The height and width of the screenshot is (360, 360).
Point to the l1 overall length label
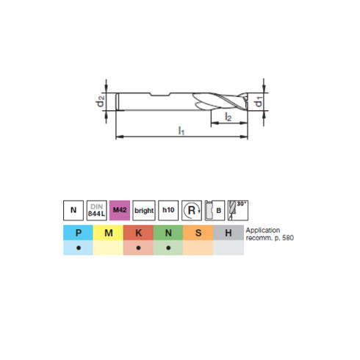coord(181,131)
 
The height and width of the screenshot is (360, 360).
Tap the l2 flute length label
coord(228,117)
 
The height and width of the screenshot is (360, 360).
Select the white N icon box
coord(73,211)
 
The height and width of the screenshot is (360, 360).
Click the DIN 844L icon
coord(97,211)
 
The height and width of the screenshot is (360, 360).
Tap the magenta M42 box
coord(120,211)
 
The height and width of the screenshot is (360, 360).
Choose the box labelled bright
coord(143,211)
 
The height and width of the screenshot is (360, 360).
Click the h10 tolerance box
coord(168,211)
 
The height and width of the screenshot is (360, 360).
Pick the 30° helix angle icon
coord(238,211)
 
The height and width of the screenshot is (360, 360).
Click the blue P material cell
coord(77,234)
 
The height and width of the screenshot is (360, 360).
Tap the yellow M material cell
coord(107,234)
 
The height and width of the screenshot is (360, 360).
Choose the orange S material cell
coord(198,234)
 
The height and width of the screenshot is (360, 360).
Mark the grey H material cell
coord(228,234)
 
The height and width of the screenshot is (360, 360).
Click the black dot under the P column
coord(77,248)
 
